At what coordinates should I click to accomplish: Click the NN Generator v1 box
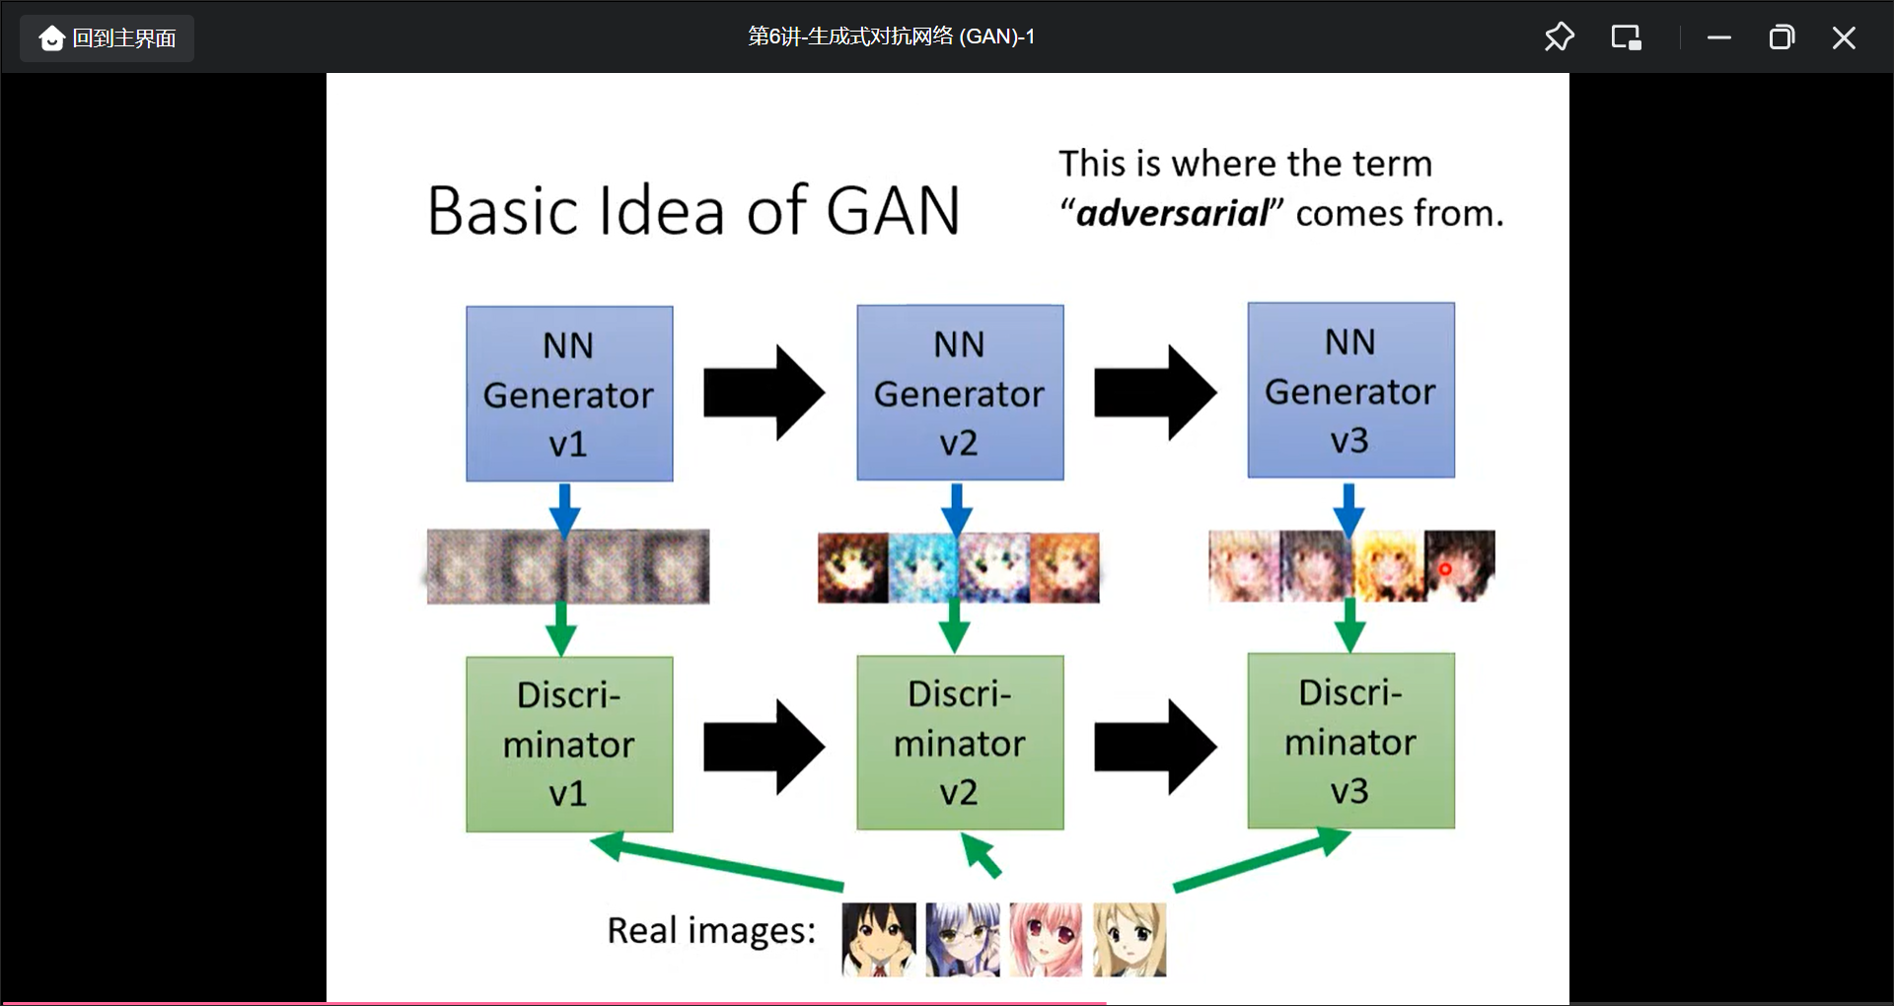569,394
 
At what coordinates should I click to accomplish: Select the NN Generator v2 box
960,393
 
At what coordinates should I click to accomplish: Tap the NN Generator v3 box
1350,391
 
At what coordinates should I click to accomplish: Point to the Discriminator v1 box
569,744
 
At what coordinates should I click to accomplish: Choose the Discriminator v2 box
960,743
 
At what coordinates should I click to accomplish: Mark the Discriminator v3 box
1350,741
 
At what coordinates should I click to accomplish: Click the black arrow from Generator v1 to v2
764,393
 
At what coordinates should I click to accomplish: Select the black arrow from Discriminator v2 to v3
1154,747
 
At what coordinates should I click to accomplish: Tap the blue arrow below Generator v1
564,509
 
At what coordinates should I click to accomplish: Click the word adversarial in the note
1172,213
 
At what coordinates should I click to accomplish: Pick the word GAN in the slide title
893,211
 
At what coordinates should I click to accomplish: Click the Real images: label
711,930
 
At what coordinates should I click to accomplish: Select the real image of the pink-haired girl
1046,939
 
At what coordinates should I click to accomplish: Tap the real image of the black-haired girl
878,939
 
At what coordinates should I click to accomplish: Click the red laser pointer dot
1445,569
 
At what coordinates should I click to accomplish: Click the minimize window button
1719,37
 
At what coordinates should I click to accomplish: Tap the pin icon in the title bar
1559,37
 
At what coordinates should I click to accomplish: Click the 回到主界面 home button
108,38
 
